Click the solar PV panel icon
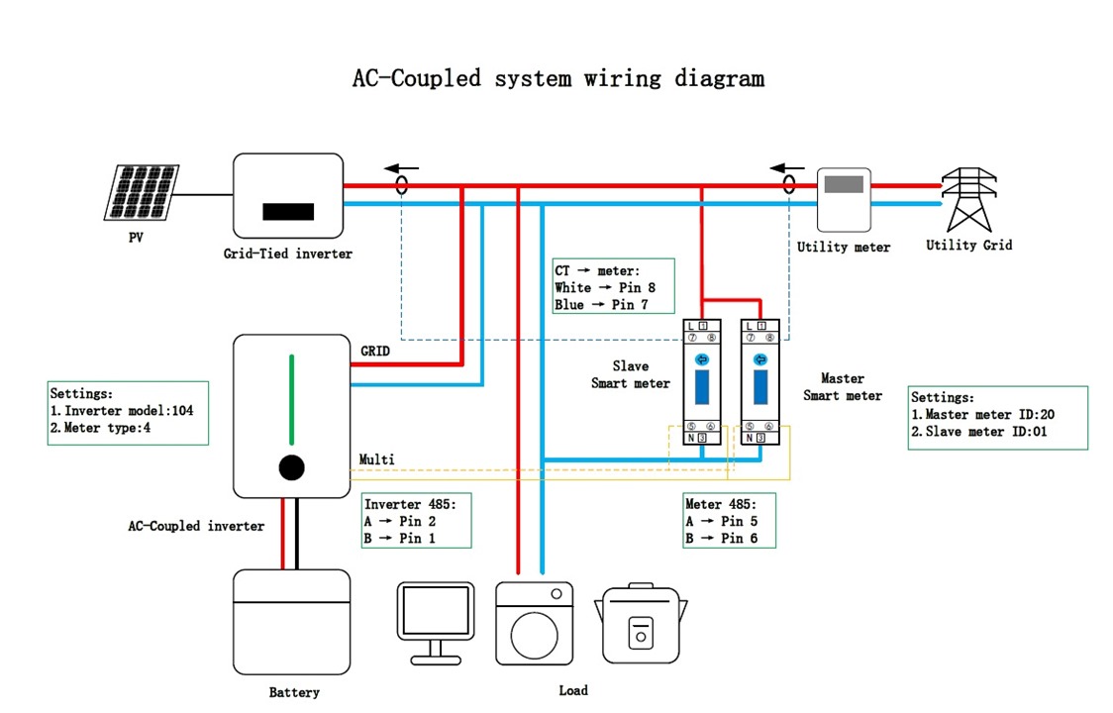click(143, 193)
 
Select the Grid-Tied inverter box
click(288, 196)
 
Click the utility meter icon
click(844, 198)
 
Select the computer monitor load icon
click(435, 619)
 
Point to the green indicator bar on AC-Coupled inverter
click(291, 399)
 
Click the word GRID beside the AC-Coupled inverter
click(375, 351)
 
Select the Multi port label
click(376, 459)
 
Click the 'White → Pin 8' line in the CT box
click(605, 287)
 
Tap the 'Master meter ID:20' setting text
click(981, 415)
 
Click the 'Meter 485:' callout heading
click(720, 504)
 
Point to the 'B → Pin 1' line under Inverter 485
click(400, 539)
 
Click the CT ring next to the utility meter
click(788, 185)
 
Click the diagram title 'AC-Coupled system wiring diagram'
click(558, 78)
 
